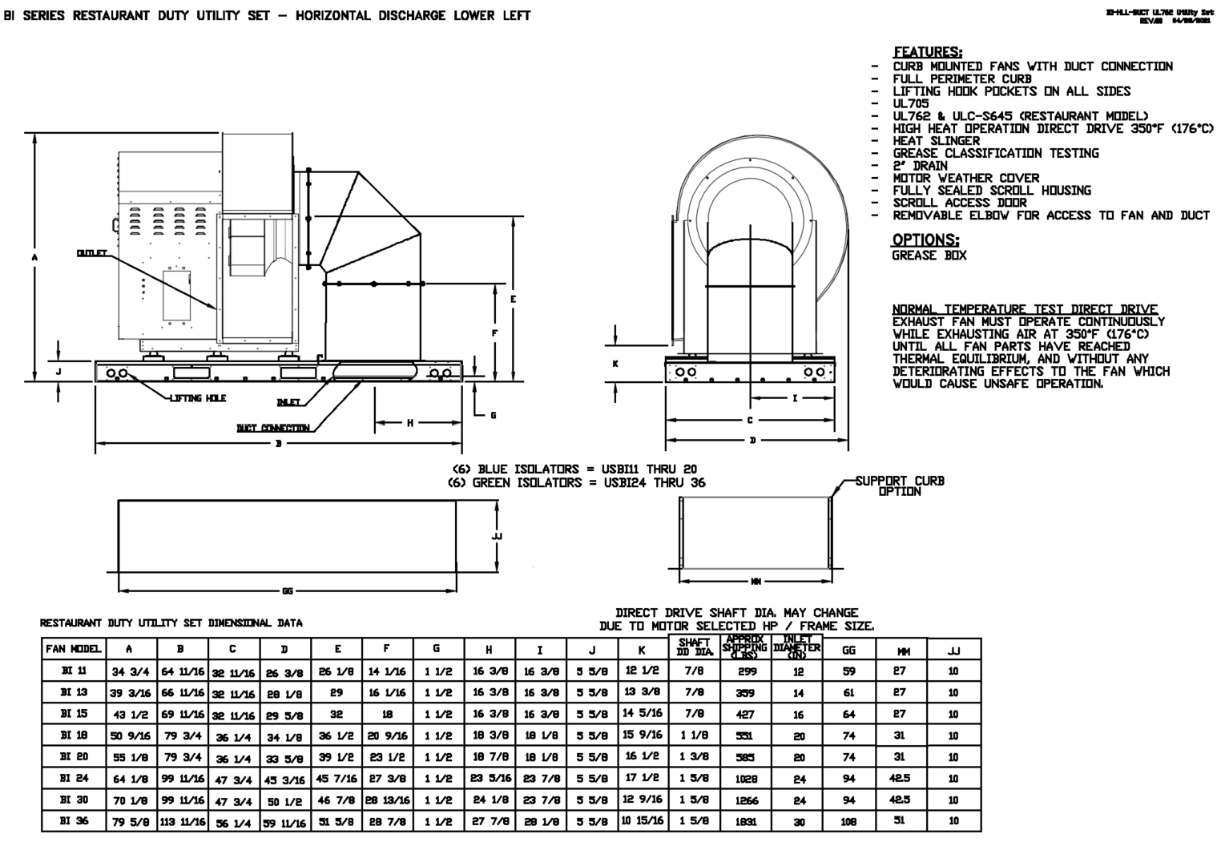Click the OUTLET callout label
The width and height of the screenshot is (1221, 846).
[x=91, y=253]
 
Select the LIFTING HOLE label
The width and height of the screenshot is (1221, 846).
[x=197, y=398]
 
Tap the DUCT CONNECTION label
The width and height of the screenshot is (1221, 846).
[x=273, y=428]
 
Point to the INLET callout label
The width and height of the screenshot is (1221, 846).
[x=288, y=402]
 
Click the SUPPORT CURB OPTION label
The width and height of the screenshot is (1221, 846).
[x=899, y=486]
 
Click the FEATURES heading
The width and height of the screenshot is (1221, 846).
[x=928, y=52]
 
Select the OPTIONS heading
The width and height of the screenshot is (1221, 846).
[x=925, y=240]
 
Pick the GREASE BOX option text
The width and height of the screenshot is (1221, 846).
[x=929, y=256]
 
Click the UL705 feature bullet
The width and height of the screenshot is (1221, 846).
[x=911, y=103]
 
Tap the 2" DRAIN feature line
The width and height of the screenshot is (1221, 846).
[x=920, y=166]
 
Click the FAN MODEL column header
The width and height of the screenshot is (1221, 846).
[x=73, y=650]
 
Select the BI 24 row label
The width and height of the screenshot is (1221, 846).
[x=74, y=777]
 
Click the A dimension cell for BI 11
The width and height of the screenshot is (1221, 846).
[x=129, y=671]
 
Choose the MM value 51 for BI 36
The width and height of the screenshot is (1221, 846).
[x=900, y=821]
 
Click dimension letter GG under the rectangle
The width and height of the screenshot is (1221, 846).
[x=288, y=591]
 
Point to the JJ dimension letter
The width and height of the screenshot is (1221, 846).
[x=497, y=536]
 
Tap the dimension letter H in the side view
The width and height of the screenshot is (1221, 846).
[x=409, y=422]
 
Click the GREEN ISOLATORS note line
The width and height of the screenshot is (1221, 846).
[x=577, y=482]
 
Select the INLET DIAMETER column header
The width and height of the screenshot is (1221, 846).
[x=796, y=649]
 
